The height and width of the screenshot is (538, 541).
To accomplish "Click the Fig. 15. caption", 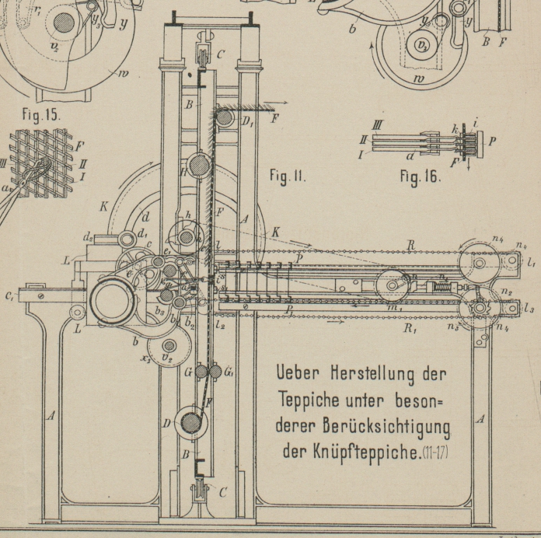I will [40, 114].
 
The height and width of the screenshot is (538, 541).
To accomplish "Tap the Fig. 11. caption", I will [288, 176].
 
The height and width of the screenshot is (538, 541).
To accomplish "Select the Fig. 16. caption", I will [420, 176].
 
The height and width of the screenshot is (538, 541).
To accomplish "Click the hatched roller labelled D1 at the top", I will [225, 119].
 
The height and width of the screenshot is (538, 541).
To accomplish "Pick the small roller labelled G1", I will [215, 372].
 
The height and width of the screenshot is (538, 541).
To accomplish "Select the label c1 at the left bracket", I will [9, 296].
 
